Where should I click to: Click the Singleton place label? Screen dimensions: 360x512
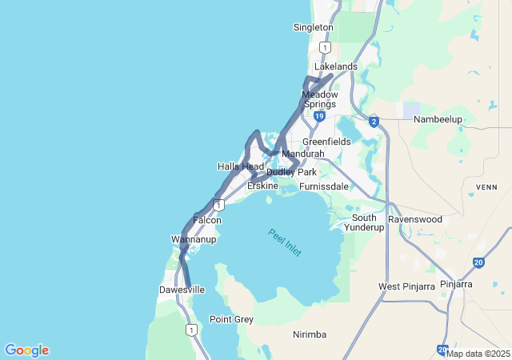pos(313,27)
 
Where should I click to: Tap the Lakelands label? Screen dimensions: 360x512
pos(335,66)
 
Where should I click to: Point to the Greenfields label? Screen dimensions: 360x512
pos(326,142)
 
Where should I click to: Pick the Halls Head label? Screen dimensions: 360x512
pos(240,166)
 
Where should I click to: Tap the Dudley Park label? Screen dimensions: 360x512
pos(292,172)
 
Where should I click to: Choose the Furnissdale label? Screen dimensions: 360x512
pos(323,186)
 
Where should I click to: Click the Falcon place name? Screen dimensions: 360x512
pos(207,220)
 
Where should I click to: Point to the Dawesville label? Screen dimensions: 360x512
pos(182,290)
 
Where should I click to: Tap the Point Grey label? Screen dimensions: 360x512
pos(231,319)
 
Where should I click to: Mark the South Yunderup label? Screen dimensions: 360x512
pos(364,222)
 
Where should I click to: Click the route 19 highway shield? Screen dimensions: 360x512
pos(319,117)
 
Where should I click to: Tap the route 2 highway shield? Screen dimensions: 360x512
pos(374,122)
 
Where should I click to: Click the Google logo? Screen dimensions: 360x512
pos(26,350)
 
